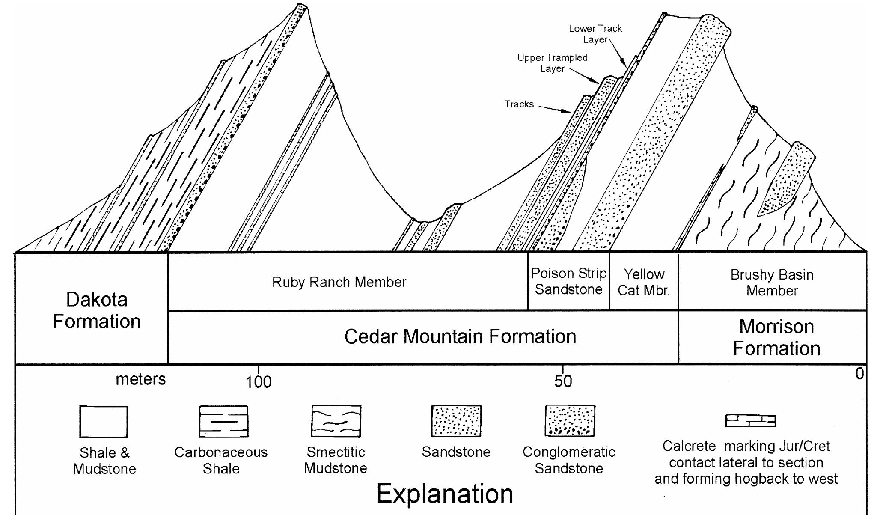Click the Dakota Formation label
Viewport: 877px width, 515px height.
click(x=97, y=310)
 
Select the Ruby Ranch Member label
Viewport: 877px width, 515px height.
click(x=339, y=282)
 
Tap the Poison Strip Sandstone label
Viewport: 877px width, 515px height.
click(x=568, y=281)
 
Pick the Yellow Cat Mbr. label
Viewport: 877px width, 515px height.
click(x=643, y=282)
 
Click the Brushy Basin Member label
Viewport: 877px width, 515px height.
click(x=772, y=283)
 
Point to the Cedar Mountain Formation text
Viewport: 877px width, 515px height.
click(x=460, y=336)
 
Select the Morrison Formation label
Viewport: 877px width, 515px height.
click(x=776, y=337)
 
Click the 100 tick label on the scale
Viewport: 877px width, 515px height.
click(x=258, y=382)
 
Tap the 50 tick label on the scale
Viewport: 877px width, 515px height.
click(x=562, y=381)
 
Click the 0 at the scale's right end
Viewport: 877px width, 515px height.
click(x=859, y=374)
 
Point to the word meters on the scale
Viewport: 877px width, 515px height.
click(x=140, y=379)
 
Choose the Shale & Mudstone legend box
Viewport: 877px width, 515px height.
click(x=104, y=422)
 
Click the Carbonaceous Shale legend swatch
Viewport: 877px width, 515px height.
click(x=223, y=421)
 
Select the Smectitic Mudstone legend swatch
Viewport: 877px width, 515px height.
click(x=336, y=421)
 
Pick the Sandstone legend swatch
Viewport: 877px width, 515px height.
click(x=456, y=421)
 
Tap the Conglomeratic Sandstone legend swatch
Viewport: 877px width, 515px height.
click(x=570, y=421)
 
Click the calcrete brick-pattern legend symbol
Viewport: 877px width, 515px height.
click(x=750, y=420)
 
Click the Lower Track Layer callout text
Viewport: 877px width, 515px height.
click(x=595, y=34)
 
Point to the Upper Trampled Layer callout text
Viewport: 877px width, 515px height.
click(x=552, y=63)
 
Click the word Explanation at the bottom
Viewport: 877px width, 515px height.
click(x=444, y=494)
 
